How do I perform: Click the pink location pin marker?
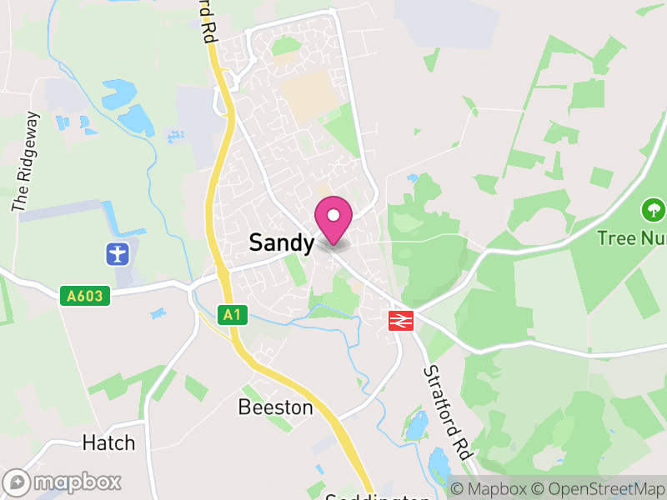333,220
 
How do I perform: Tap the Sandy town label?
282,243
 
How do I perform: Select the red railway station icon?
401,319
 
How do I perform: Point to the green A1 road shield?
233,314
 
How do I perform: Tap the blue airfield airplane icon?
118,252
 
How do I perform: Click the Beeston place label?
275,407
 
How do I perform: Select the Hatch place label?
108,442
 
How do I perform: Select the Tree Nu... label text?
631,238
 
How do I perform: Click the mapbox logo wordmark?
78,482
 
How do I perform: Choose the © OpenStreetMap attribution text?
595,489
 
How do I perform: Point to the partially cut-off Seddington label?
378,497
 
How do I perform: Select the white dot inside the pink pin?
333,215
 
